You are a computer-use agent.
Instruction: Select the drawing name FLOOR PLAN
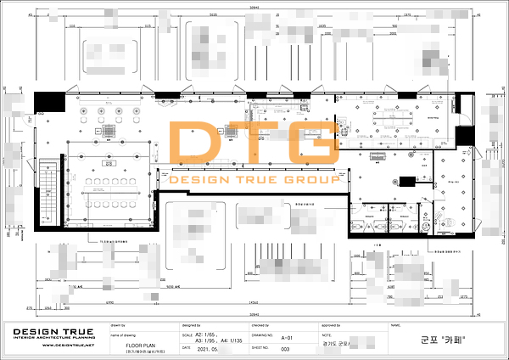tap(140, 346)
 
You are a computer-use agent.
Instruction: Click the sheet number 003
tap(286, 349)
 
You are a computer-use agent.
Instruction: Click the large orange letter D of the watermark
tap(198, 148)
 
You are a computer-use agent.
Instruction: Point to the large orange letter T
tap(256, 148)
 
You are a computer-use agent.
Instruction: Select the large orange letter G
tap(311, 148)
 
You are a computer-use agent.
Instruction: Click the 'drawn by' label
tap(118, 325)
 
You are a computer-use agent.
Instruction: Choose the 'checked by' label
tap(260, 325)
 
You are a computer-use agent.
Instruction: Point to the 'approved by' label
tap(331, 325)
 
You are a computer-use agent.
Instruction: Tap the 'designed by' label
tap(191, 325)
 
